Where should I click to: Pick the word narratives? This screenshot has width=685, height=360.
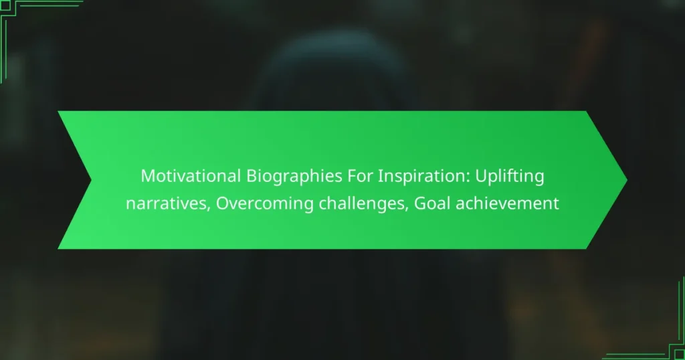click(166, 203)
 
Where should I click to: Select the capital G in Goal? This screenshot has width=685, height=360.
click(421, 203)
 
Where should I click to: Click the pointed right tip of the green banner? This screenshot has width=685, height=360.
click(625, 180)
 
